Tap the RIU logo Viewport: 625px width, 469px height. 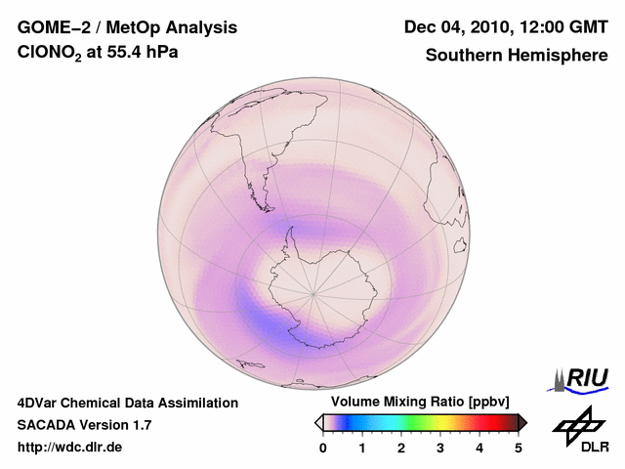coord(583,378)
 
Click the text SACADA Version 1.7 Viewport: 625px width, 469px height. coord(84,425)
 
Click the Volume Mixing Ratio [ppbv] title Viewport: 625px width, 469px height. coord(420,402)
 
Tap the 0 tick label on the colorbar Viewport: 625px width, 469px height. coord(323,448)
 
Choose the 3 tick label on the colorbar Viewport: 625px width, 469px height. coord(440,448)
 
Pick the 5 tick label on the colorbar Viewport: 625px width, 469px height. coord(519,448)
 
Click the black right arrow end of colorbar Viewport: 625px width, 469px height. coord(522,422)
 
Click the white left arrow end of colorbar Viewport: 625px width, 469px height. coord(318,422)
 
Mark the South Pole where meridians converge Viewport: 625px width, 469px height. coord(312,292)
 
